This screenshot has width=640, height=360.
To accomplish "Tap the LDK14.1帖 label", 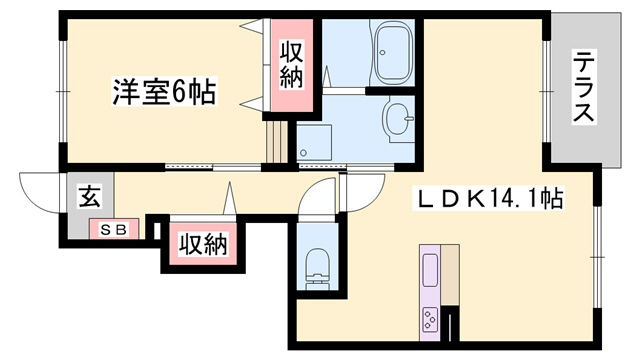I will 489,200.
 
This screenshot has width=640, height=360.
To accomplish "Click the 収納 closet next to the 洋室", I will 291,65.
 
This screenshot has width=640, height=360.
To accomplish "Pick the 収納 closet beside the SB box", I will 203,243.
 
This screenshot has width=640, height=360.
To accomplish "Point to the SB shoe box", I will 112,230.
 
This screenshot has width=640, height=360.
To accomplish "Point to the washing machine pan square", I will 313,142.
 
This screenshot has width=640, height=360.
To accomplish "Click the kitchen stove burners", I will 431,319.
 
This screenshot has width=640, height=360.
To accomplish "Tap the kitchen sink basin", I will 431,270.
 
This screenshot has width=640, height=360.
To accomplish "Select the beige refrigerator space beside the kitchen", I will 450,276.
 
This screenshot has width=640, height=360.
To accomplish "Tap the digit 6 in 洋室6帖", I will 181,92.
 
